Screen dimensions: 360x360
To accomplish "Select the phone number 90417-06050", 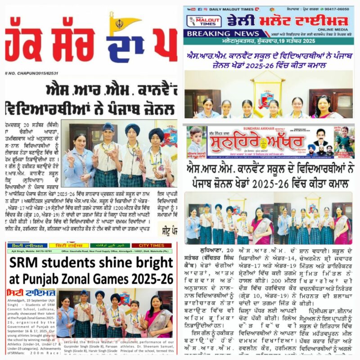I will pos(335,9).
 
